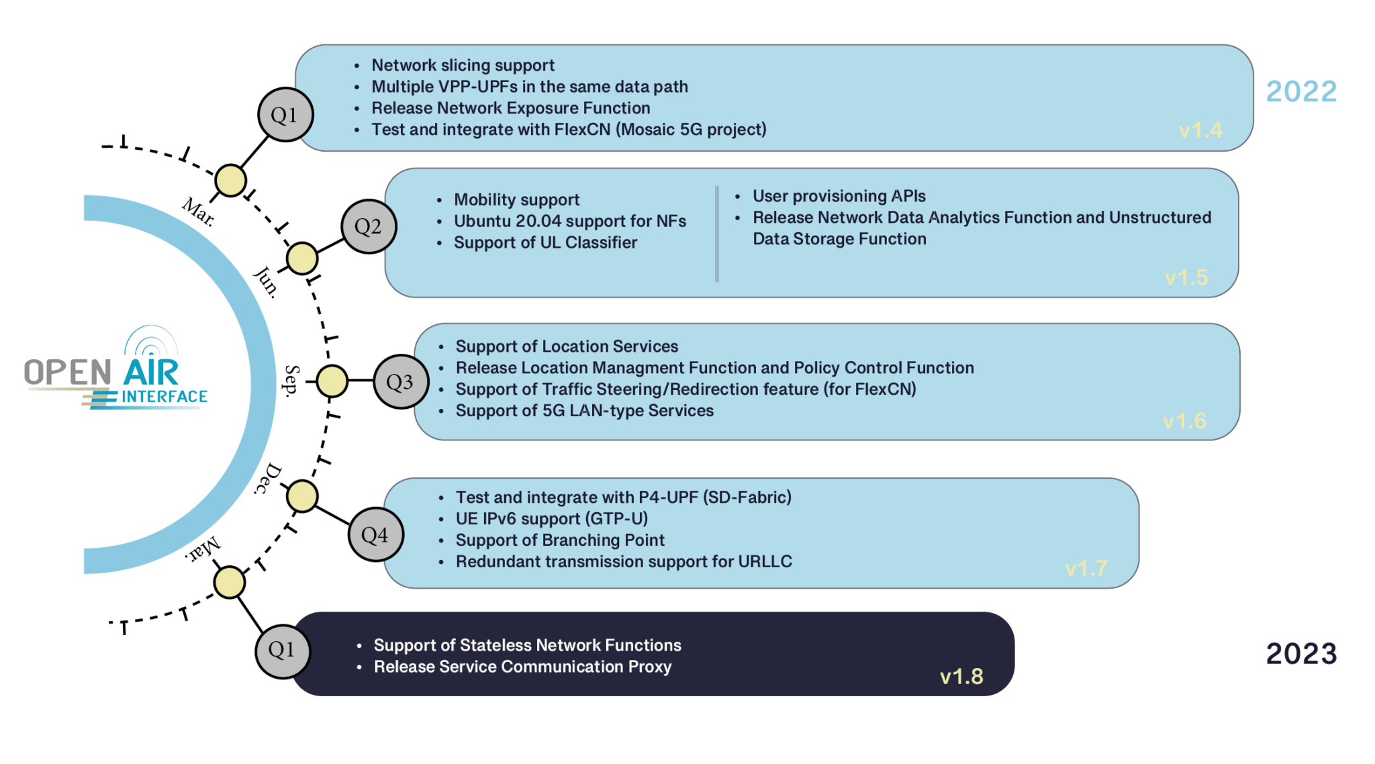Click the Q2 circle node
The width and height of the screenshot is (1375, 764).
tap(369, 226)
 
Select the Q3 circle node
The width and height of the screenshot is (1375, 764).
tap(400, 382)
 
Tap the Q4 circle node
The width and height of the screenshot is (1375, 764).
tap(375, 534)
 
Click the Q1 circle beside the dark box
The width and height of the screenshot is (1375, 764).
tap(282, 650)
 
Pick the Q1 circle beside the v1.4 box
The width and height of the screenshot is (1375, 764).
tap(285, 115)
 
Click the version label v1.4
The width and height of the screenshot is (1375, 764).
tap(1200, 130)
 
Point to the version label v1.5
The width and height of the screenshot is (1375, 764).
tap(1186, 277)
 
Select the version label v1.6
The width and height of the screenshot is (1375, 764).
tap(1184, 421)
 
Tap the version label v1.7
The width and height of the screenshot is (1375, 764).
tap(1086, 569)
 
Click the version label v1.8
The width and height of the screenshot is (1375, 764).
tap(961, 676)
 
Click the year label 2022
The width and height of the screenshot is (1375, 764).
tap(1301, 92)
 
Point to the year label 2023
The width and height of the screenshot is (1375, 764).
tap(1301, 654)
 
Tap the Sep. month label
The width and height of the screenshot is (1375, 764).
tap(291, 381)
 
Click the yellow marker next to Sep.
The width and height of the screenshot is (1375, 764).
tap(332, 381)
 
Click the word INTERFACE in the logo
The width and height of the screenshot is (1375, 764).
tap(164, 397)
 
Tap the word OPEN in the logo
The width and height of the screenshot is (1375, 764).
tap(68, 373)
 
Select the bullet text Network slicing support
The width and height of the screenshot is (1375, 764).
tap(463, 65)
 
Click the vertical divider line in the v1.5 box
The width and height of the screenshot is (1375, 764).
tap(717, 234)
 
